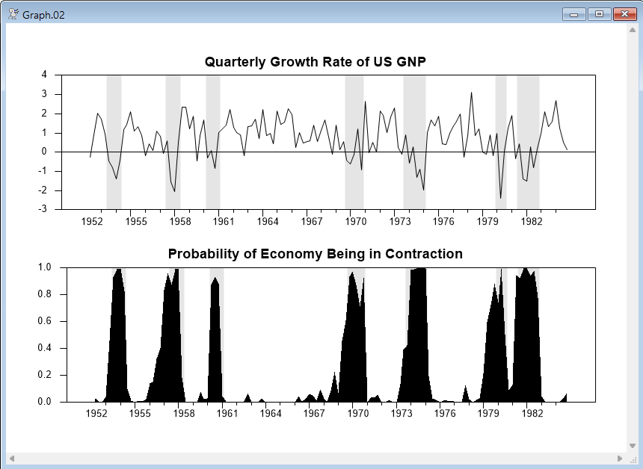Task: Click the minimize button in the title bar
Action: click(576, 14)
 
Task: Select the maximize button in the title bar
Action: click(598, 14)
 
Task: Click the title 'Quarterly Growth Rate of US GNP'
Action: click(315, 62)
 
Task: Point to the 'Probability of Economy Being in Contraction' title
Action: click(315, 254)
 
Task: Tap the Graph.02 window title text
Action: click(43, 15)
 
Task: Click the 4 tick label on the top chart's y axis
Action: click(45, 75)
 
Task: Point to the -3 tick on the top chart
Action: click(43, 209)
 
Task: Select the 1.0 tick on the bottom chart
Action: click(45, 267)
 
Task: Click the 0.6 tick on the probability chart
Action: click(45, 321)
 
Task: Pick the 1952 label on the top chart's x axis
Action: click(92, 221)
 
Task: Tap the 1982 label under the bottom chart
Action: click(532, 413)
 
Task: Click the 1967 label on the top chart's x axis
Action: click(312, 221)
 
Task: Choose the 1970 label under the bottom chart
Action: click(356, 413)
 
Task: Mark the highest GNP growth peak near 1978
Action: click(471, 93)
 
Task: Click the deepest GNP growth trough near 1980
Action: click(501, 198)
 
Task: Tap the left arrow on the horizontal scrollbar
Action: click(11, 458)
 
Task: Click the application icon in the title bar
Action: click(13, 15)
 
